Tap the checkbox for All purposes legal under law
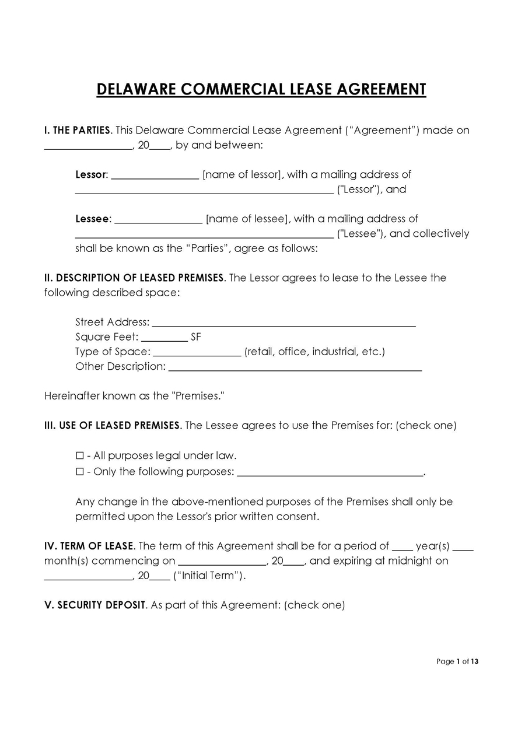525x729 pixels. click(x=80, y=456)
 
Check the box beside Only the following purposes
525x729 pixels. click(x=80, y=472)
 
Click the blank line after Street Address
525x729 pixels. click(x=283, y=324)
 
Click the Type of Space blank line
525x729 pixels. click(x=197, y=353)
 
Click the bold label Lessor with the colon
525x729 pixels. click(x=92, y=174)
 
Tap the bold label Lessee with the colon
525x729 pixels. click(x=93, y=219)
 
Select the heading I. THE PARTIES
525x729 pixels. click(x=77, y=130)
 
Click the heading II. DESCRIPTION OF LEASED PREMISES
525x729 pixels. click(x=134, y=278)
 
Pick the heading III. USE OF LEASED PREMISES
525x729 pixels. click(x=112, y=426)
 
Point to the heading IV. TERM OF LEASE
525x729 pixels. click(x=89, y=546)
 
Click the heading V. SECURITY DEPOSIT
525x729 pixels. click(x=95, y=605)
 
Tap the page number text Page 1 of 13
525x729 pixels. click(x=457, y=661)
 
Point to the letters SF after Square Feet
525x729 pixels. click(x=196, y=337)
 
